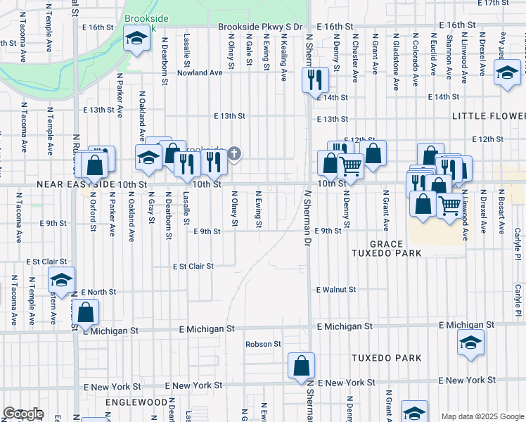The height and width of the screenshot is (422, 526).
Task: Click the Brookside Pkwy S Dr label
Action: pos(259,26)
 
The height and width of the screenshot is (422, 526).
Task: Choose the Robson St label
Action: pos(263,345)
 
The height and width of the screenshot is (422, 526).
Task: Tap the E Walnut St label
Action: pos(336,289)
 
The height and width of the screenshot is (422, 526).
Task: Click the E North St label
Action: pos(98,292)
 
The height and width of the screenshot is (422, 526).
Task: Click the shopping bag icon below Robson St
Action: pos(301,365)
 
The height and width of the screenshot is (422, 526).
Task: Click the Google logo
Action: pos(24,414)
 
